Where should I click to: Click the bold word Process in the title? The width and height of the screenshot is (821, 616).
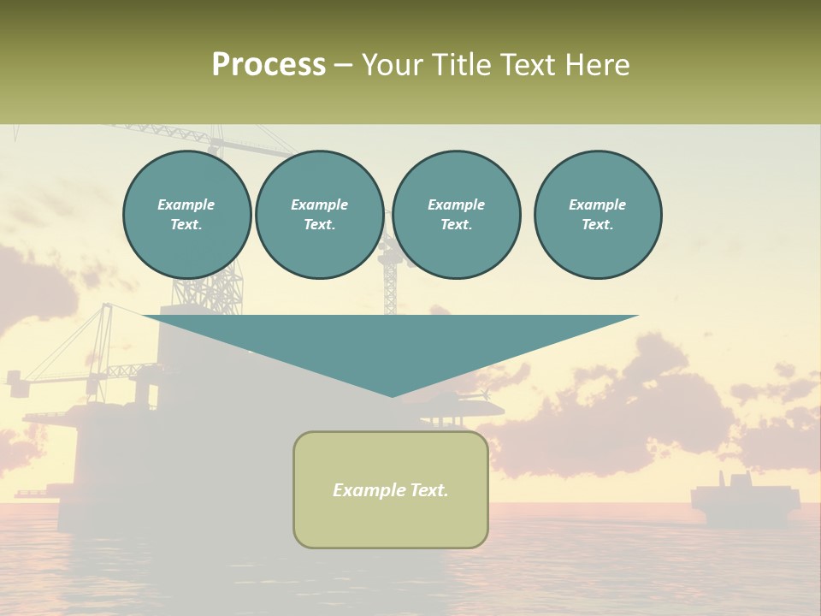click(x=269, y=64)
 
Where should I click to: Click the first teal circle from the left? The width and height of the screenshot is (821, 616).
click(x=187, y=215)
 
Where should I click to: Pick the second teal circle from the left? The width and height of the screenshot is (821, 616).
click(x=320, y=215)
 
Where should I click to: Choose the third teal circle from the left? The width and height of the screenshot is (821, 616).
click(x=457, y=215)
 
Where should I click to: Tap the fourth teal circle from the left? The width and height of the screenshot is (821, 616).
click(x=598, y=215)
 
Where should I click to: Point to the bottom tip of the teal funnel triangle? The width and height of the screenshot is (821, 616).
click(x=393, y=395)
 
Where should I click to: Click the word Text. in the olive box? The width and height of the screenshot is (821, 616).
click(x=427, y=490)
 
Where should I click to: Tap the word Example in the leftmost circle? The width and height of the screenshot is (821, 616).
click(x=186, y=204)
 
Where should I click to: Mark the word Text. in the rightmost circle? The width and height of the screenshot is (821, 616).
click(x=598, y=225)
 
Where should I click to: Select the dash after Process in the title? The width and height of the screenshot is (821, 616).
click(x=344, y=65)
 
